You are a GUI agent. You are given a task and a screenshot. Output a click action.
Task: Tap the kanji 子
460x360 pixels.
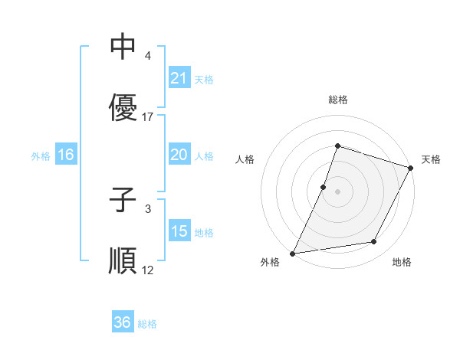point(123,201)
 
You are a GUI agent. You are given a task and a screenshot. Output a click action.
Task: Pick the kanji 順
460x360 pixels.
point(123,261)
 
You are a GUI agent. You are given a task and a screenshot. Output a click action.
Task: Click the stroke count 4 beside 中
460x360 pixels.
point(147,56)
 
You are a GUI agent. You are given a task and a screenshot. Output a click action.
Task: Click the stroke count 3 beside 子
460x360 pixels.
point(147,208)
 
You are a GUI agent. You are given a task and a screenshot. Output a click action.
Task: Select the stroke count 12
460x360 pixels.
point(148,270)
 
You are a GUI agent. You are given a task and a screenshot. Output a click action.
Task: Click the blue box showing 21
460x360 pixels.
point(179,78)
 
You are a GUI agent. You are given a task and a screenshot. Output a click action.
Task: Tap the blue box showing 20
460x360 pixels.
point(179,155)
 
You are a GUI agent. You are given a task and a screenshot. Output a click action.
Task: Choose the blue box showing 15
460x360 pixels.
point(179,231)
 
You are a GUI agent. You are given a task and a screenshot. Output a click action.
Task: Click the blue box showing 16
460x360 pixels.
point(65,155)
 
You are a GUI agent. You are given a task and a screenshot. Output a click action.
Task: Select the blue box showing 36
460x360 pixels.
point(123,322)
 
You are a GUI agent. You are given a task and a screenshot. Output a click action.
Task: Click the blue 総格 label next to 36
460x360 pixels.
point(147,324)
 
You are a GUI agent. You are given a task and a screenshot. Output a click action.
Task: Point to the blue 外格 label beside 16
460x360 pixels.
point(41,155)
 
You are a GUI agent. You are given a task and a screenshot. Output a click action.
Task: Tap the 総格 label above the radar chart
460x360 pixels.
point(337,100)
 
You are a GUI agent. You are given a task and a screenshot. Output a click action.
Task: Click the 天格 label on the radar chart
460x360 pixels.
point(431,159)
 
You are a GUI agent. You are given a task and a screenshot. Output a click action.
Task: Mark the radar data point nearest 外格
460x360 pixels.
point(293,253)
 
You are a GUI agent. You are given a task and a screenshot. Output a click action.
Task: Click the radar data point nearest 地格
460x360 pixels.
point(374,242)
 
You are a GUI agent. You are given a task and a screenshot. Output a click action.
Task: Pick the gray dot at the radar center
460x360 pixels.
point(337,191)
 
